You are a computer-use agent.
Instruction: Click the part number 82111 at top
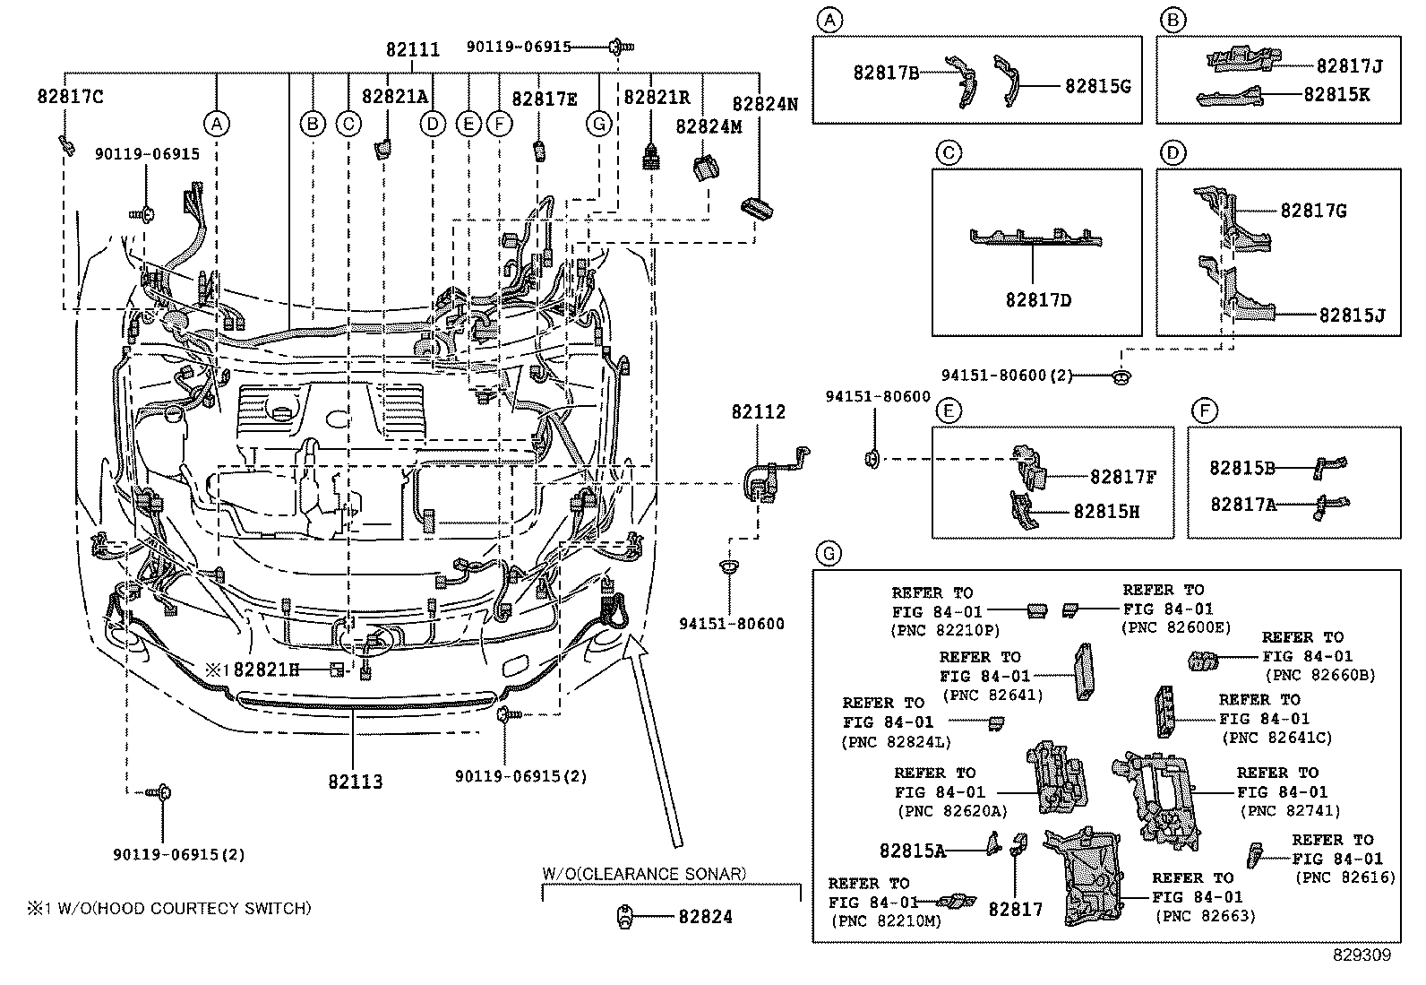[413, 50]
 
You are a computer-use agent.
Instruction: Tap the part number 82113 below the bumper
[355, 782]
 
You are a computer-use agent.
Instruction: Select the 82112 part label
[758, 412]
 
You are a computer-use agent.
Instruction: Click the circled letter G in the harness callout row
[599, 124]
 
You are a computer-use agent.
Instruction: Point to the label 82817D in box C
[1038, 300]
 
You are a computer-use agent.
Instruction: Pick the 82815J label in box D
[1352, 315]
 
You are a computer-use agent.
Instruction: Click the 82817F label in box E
[1123, 478]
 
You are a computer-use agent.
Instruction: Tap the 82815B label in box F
[1242, 468]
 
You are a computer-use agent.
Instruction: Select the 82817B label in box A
[887, 73]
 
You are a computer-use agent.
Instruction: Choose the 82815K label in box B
[1336, 95]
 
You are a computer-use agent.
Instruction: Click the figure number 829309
[1361, 955]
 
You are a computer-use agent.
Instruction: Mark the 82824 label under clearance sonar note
[705, 917]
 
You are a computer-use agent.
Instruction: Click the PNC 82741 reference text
[1290, 811]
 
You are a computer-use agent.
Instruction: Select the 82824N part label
[765, 104]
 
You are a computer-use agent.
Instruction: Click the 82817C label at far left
[70, 97]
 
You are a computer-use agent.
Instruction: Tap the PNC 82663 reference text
[1206, 916]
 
